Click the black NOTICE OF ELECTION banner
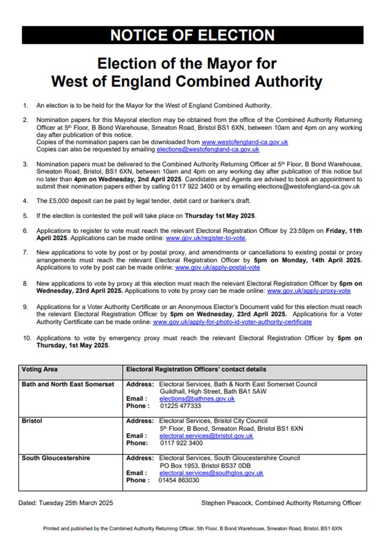tap(192, 35)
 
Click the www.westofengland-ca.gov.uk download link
tap(245, 142)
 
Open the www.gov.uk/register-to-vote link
tap(206, 238)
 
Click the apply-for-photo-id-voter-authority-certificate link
tap(232, 322)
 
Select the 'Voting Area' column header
tap(40, 370)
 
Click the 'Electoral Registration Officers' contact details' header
tap(196, 370)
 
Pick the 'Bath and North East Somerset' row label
tap(68, 384)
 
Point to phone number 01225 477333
tap(180, 406)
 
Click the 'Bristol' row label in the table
tap(32, 421)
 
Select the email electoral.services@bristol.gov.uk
tap(206, 436)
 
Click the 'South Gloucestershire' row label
tap(56, 458)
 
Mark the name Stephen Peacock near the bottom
tap(225, 503)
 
